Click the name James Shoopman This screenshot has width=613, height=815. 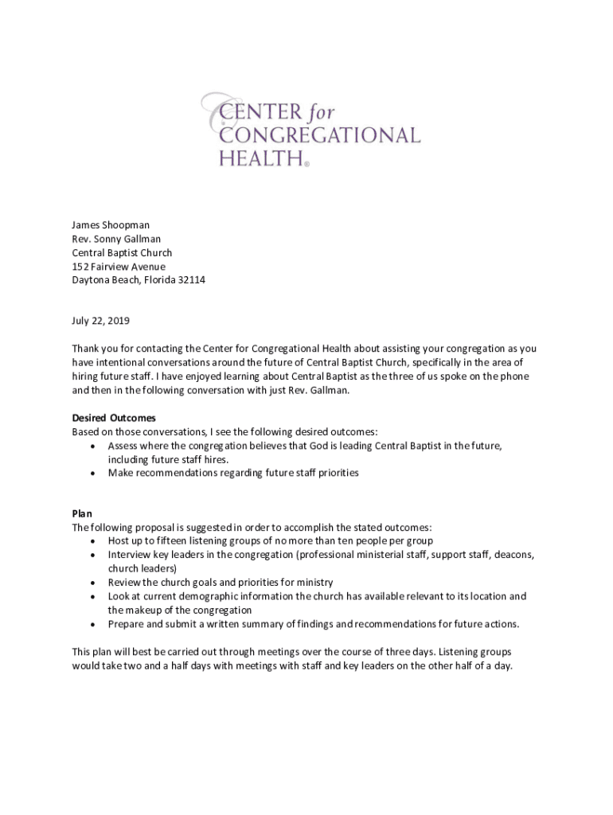[111, 225]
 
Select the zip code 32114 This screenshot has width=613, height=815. [190, 280]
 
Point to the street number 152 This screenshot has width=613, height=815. [80, 267]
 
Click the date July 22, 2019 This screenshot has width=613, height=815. [100, 322]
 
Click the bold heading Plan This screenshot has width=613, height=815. [82, 513]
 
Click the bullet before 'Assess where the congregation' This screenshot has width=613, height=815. [93, 446]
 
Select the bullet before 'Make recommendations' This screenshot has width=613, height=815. [93, 473]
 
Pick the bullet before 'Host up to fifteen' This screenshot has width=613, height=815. [93, 541]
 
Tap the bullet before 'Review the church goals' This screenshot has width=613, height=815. [93, 583]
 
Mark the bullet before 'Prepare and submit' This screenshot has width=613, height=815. [93, 623]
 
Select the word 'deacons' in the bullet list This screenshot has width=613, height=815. [514, 555]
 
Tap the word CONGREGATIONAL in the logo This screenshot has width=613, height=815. [319, 135]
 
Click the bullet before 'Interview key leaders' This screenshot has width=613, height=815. [93, 555]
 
